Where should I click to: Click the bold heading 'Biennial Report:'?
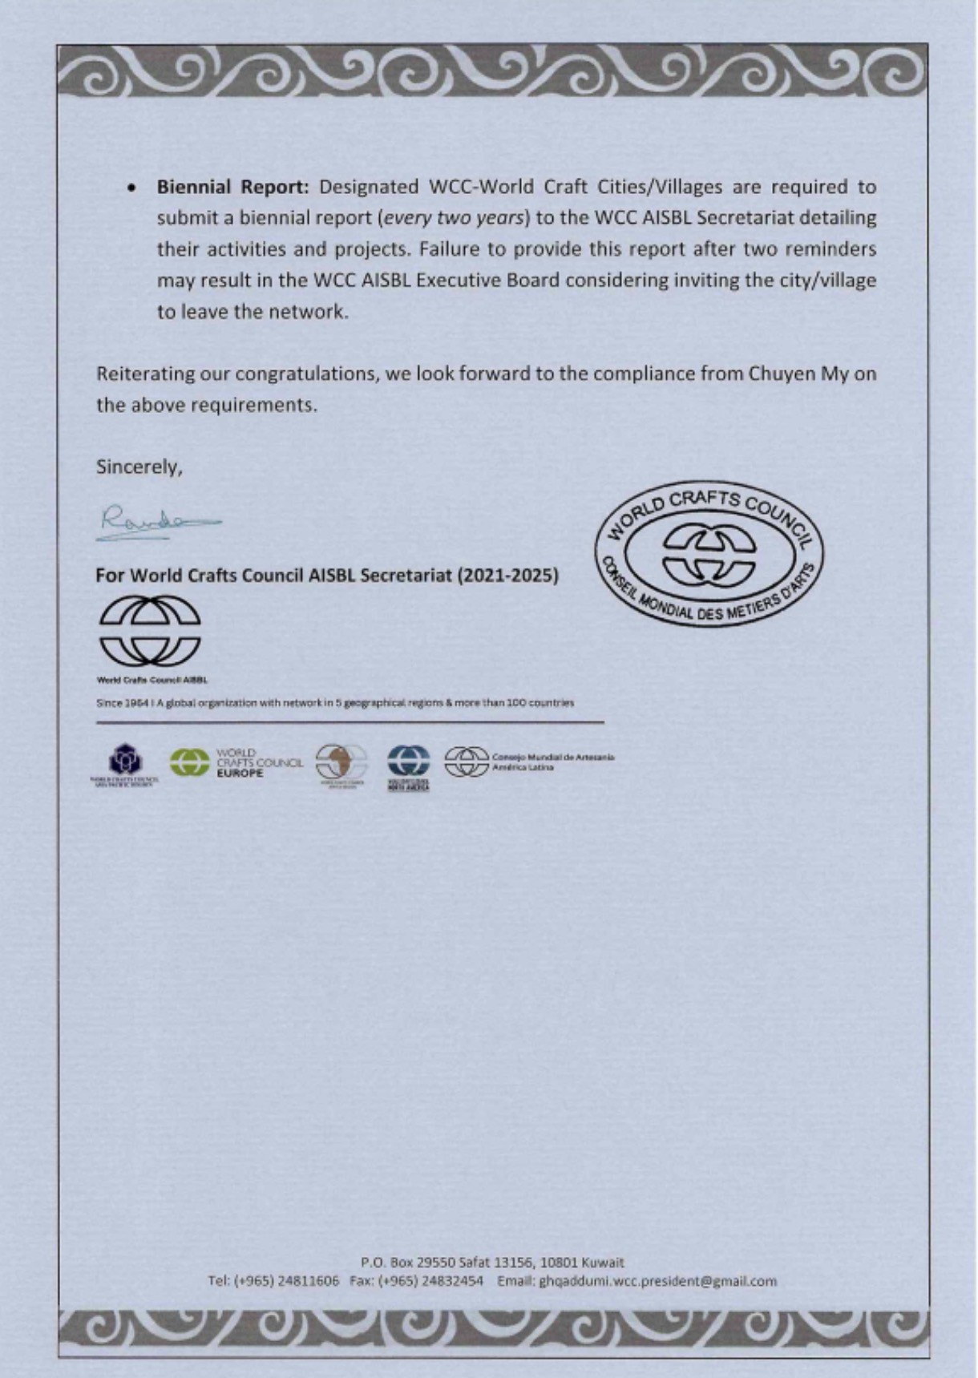[232, 187]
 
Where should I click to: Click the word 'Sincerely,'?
[139, 467]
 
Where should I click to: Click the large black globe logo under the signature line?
[150, 631]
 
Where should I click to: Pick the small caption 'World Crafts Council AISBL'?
[152, 680]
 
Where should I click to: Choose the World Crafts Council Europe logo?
[236, 762]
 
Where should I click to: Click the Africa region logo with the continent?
[341, 764]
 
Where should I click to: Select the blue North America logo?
[409, 766]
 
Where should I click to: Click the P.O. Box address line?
[492, 1262]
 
